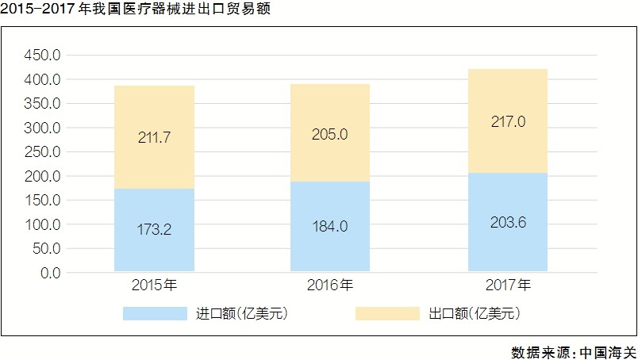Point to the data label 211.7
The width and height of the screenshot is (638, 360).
(154, 138)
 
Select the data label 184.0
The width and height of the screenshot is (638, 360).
(329, 228)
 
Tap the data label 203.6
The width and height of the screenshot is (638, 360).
(507, 222)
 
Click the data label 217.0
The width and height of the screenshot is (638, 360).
(507, 123)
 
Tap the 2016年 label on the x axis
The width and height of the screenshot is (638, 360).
(330, 285)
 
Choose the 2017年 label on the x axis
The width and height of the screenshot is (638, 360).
(508, 285)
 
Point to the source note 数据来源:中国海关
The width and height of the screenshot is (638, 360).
(573, 351)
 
